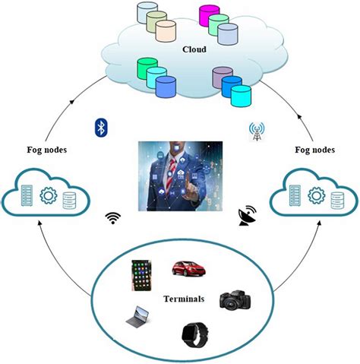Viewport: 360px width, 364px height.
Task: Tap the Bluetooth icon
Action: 99,127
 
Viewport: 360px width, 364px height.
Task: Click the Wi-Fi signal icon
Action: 115,219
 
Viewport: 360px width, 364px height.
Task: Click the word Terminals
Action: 185,299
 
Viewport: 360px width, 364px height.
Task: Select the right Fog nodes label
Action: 317,150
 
